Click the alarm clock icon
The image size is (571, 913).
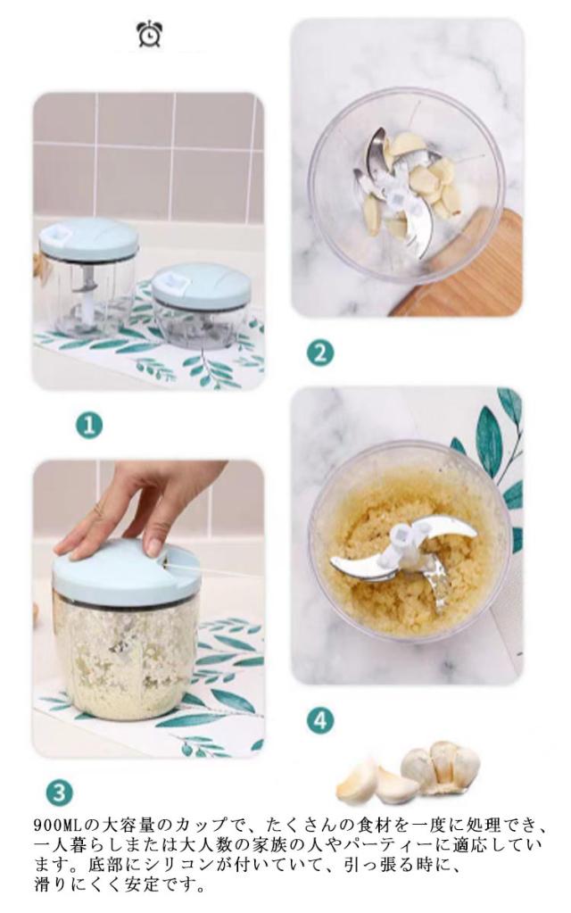click(150, 34)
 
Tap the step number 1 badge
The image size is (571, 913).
click(89, 426)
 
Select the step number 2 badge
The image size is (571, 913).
click(319, 353)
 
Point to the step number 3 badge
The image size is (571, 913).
click(60, 793)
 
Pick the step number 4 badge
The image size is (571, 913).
click(319, 721)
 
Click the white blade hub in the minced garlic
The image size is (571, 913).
click(401, 542)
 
